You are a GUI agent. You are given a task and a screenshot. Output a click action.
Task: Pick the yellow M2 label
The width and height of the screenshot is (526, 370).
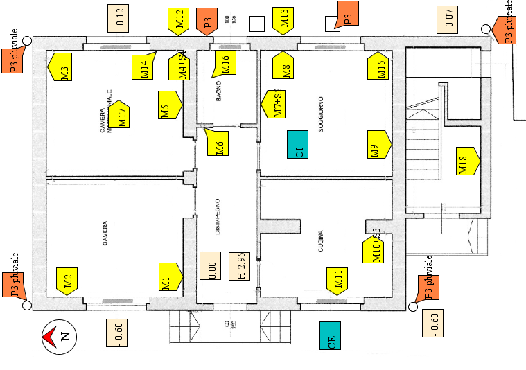click(67, 281)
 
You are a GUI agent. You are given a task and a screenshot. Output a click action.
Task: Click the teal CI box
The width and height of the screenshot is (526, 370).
click(298, 144)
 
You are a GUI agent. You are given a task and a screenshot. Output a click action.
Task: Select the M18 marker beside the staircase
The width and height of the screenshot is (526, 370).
click(466, 161)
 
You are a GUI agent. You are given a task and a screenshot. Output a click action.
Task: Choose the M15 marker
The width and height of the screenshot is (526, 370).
click(378, 65)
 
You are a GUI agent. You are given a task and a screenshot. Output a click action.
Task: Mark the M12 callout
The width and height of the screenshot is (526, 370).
click(179, 21)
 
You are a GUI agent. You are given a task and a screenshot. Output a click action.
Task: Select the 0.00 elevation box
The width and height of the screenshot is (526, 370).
click(210, 265)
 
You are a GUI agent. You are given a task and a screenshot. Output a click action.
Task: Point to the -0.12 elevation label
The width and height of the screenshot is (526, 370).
click(119, 19)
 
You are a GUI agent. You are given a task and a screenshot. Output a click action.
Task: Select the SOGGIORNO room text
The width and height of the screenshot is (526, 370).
click(322, 113)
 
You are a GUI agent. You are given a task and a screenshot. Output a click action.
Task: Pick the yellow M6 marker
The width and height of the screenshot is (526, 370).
click(218, 144)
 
